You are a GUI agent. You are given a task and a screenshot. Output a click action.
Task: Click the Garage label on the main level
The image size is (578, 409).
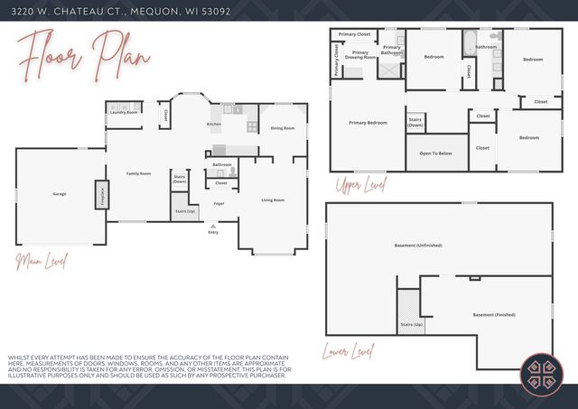pyautogui.click(x=59, y=194)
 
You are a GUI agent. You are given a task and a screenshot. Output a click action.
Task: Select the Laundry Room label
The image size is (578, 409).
pyautogui.click(x=124, y=112)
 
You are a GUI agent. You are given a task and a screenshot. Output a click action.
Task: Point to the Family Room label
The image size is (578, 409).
pyautogui.click(x=138, y=173)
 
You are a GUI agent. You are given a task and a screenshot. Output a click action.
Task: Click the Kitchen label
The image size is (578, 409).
pyautogui.click(x=214, y=124)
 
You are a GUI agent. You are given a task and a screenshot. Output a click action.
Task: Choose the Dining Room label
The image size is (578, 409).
pyautogui.click(x=283, y=128)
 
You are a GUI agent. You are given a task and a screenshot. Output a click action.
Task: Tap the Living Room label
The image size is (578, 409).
pyautogui.click(x=273, y=200)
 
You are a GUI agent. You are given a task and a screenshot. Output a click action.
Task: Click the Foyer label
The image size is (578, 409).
pyautogui.click(x=219, y=203)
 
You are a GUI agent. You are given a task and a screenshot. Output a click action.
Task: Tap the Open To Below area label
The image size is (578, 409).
pyautogui.click(x=435, y=153)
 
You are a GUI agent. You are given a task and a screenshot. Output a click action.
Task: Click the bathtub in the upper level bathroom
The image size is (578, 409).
pyautogui.click(x=470, y=41)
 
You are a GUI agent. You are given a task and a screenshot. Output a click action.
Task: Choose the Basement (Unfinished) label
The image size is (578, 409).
pyautogui.click(x=424, y=245)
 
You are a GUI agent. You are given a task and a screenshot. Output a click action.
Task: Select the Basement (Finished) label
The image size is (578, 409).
pyautogui.click(x=495, y=314)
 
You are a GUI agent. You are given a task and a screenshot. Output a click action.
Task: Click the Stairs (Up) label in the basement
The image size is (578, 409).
pyautogui.click(x=411, y=323)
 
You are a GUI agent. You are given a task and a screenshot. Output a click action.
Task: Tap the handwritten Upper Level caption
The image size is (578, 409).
pyautogui.click(x=359, y=186)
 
